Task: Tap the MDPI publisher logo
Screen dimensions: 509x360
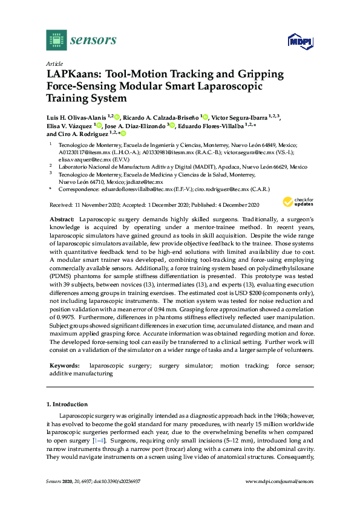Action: point(299,41)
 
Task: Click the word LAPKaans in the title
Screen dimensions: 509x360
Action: point(74,74)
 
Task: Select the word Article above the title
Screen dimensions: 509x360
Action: point(54,63)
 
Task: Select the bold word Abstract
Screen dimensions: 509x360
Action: point(62,216)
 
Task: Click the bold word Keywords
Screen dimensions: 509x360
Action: point(64,366)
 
